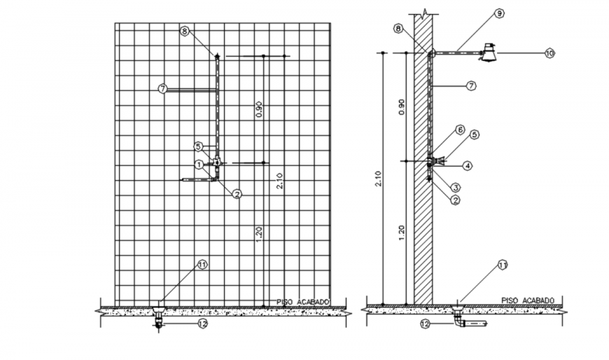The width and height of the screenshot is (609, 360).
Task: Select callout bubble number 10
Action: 549,53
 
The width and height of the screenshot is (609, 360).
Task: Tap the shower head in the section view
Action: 489,53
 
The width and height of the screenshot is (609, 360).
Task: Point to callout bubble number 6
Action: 460,129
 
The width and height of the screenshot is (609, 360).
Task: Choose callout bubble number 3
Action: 455,187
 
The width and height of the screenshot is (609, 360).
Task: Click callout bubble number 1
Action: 199,165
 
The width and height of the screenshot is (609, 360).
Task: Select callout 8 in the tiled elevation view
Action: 184,31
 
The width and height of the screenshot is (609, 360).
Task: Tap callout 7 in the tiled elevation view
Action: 162,89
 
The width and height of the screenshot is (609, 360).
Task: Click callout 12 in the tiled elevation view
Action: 203,324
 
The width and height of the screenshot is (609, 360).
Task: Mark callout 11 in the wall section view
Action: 502,265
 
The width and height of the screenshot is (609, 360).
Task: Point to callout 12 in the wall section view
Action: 424,324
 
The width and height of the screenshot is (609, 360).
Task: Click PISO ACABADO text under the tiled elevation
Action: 303,301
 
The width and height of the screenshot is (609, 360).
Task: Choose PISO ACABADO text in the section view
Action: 527,300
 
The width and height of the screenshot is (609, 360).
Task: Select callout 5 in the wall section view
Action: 474,134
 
